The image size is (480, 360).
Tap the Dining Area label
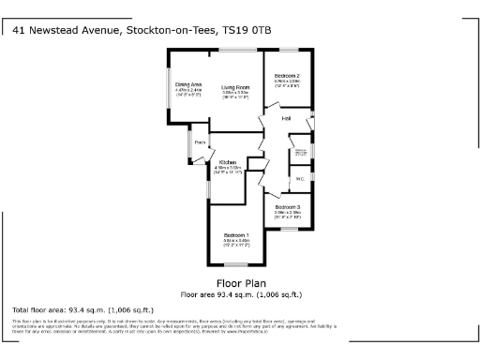coord(189,84)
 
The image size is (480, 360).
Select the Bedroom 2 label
coord(287,75)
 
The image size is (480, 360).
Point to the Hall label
coord(286,119)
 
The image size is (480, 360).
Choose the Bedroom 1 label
coord(235,234)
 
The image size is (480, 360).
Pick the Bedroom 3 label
coord(288,206)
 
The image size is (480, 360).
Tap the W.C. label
coord(300,178)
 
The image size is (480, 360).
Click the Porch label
coord(200,142)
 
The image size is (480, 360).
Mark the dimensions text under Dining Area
coord(189,93)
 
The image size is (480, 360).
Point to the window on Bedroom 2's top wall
coord(286,48)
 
